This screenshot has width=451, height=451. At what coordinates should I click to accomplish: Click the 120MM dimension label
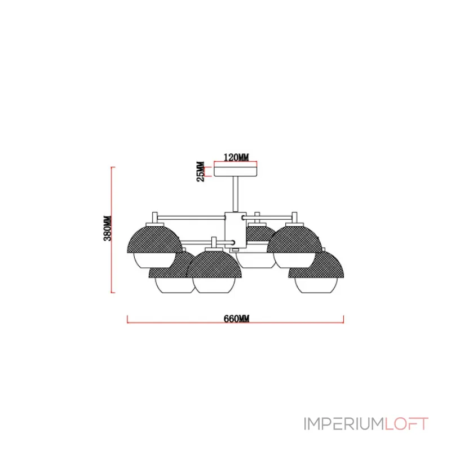coord(236,157)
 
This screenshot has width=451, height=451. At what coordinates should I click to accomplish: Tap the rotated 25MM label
coord(201,171)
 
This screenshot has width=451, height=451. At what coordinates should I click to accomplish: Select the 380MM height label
coord(108,228)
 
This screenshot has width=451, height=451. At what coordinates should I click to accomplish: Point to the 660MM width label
coord(236,319)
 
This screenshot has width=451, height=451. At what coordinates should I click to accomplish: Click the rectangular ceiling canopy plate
coord(236,170)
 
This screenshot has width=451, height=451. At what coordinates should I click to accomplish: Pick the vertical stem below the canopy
coord(236,194)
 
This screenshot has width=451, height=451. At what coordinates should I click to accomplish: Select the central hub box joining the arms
coord(236,231)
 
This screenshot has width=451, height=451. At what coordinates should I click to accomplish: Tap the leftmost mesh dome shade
coord(154,239)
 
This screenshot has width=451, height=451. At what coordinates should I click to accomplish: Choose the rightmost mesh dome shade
coord(316,264)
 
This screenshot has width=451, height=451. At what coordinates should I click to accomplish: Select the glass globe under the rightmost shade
coord(316,285)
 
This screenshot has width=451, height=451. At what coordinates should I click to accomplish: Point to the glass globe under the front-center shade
coord(214,285)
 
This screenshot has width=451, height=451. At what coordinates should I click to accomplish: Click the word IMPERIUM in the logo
coord(343,424)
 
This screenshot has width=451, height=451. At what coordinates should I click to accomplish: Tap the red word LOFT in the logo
coord(406,424)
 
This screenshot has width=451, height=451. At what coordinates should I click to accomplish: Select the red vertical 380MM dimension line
coord(112,230)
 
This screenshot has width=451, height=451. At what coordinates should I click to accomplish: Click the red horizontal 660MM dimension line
coord(235,322)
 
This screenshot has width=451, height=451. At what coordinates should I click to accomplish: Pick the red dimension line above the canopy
coord(236,162)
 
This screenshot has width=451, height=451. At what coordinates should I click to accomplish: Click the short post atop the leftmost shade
coord(154,218)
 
